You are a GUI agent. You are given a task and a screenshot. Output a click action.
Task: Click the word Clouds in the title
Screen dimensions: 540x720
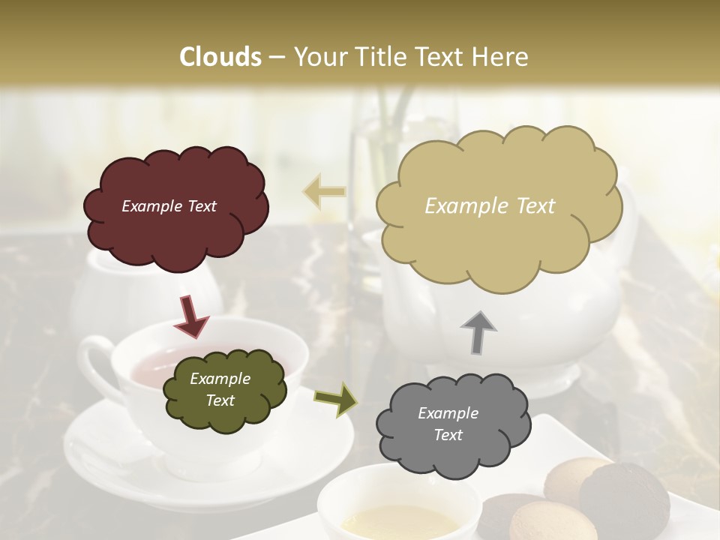[x=220, y=57]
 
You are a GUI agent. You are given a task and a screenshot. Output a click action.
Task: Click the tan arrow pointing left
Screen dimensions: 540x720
[x=325, y=192]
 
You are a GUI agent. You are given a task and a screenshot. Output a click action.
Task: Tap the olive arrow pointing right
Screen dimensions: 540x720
[x=337, y=400]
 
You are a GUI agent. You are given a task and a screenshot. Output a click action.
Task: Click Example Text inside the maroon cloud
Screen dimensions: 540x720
[x=169, y=206]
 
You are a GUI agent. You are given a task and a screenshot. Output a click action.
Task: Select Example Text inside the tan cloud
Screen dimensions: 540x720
[x=490, y=206]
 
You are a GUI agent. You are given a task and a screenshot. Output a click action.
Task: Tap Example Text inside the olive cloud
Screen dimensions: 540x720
[x=220, y=390]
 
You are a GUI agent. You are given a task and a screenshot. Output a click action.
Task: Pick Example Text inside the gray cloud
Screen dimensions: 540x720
[x=448, y=424]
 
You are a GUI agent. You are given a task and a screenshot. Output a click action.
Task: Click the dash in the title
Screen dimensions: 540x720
[x=276, y=57]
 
